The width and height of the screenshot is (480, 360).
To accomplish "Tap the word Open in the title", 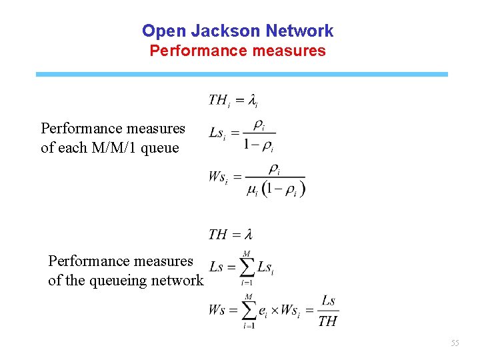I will click(x=165, y=31).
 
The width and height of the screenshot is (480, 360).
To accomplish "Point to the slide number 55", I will click(x=455, y=343).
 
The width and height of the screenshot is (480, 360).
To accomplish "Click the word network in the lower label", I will click(x=179, y=281).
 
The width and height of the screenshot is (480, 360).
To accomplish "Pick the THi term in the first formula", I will click(x=219, y=101).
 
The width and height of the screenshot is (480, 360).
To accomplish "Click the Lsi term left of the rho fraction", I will click(x=217, y=133).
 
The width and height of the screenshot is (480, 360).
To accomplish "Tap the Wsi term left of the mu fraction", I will click(x=217, y=177).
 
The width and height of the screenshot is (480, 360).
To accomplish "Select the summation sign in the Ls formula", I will click(x=247, y=267).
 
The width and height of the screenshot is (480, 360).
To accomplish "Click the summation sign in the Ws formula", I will click(x=248, y=311).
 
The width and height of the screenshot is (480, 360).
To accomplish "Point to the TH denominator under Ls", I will click(x=327, y=321).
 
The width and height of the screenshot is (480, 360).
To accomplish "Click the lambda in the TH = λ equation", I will click(x=248, y=234).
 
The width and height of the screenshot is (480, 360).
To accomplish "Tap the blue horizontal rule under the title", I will click(x=241, y=74).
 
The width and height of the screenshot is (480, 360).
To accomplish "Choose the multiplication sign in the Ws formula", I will click(x=273, y=311).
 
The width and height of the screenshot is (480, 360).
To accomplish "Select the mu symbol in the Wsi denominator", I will click(x=252, y=191).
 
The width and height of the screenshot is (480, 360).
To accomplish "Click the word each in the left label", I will click(x=72, y=147).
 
